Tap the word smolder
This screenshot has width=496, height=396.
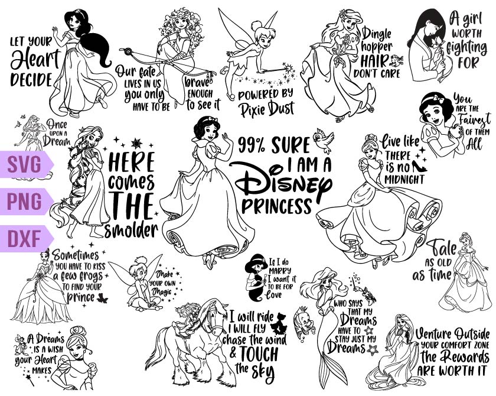pyautogui.click(x=130, y=229)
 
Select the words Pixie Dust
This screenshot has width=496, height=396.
pyautogui.click(x=267, y=109)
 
